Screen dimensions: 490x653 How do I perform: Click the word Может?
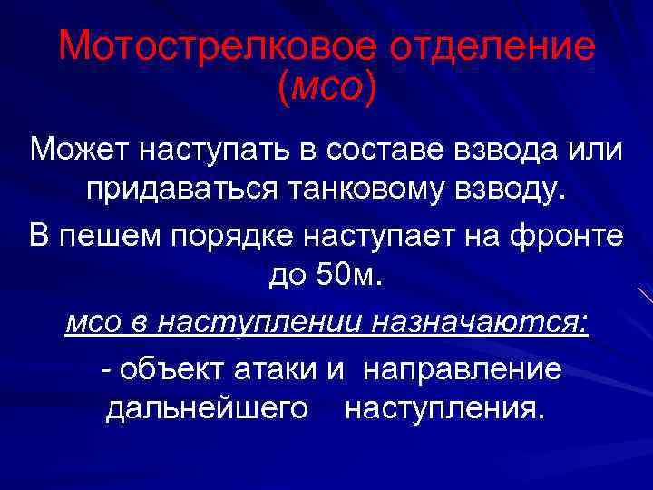coord(78,149)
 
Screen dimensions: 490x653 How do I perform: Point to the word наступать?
coord(210,149)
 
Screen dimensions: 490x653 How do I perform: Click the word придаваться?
coord(185,191)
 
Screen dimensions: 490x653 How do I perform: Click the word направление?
coord(463,369)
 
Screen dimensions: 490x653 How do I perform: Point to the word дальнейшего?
coord(208,408)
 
